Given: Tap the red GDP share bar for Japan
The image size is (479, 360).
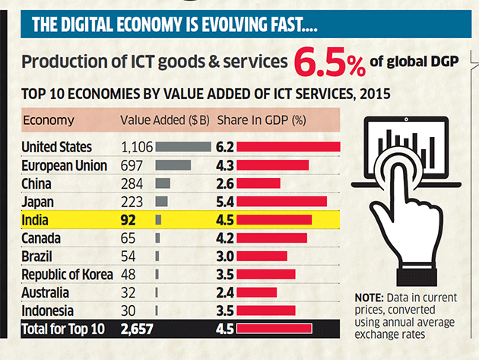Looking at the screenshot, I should pyautogui.click(x=282, y=201).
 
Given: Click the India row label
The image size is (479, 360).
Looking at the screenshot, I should pyautogui.click(x=36, y=220).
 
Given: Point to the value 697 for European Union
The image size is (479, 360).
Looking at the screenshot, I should pyautogui.click(x=133, y=165).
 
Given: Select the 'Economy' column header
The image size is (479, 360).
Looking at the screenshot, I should pyautogui.click(x=49, y=120).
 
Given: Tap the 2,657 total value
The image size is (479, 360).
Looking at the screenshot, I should pyautogui.click(x=137, y=330).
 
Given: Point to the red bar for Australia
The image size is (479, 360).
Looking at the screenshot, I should pyautogui.click(x=257, y=293).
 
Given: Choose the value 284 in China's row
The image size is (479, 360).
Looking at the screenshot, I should pyautogui.click(x=133, y=183).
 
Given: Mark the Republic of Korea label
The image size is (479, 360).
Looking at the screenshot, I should pyautogui.click(x=67, y=275).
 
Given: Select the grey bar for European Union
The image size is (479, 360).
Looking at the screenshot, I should pyautogui.click(x=173, y=165).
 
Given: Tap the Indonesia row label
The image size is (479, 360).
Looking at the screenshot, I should pyautogui.click(x=47, y=311).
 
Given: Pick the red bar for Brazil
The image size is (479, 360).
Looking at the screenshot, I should pyautogui.click(x=262, y=256).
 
